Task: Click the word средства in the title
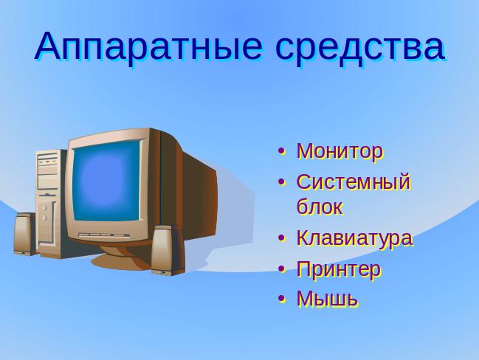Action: point(360,48)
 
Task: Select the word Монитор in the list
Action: point(340,151)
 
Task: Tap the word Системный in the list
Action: point(354,181)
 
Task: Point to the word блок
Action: point(320,207)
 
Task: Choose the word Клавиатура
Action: point(355,238)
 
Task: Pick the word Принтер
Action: point(339,269)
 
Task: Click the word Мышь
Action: point(327,298)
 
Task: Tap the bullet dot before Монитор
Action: point(282,151)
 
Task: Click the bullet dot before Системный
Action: point(282,182)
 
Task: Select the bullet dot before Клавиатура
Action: point(282,238)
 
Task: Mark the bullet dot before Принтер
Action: point(282,269)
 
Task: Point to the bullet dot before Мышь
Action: point(282,299)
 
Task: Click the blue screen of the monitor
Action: point(106,181)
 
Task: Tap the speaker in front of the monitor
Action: point(168,250)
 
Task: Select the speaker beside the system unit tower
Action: point(25,234)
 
